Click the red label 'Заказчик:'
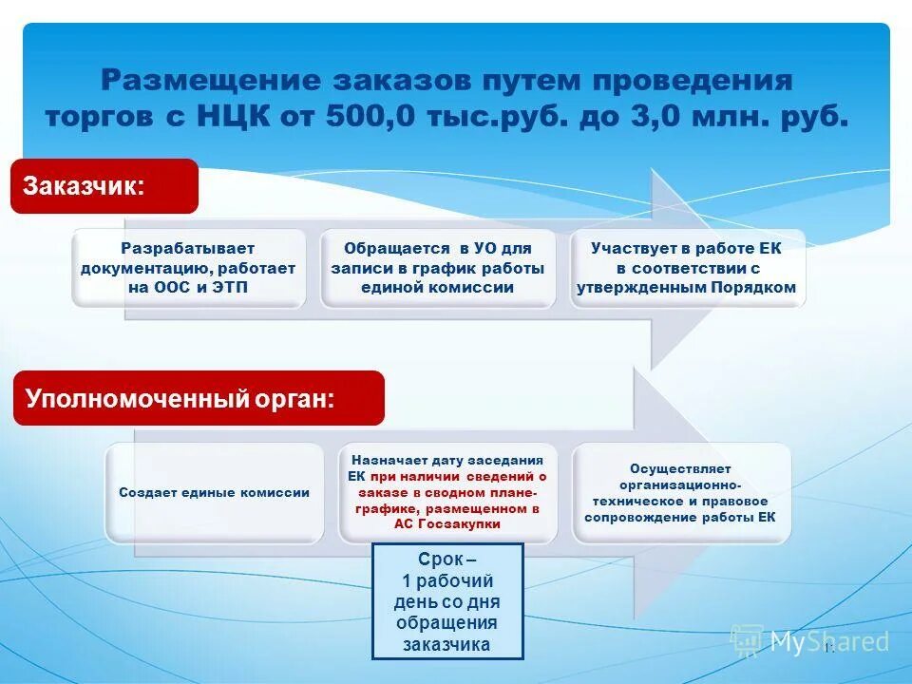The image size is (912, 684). [x=104, y=186]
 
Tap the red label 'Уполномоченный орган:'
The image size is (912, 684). [x=198, y=398]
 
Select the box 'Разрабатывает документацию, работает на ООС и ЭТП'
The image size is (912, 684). [x=188, y=268]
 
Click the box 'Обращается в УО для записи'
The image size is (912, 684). [x=438, y=268]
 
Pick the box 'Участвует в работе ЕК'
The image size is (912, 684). [x=687, y=268]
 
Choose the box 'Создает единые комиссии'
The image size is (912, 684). [x=214, y=493]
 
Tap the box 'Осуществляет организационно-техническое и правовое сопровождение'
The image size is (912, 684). [x=680, y=493]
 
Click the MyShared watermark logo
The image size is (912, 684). [x=810, y=642]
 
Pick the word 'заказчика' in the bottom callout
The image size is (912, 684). [x=446, y=644]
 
